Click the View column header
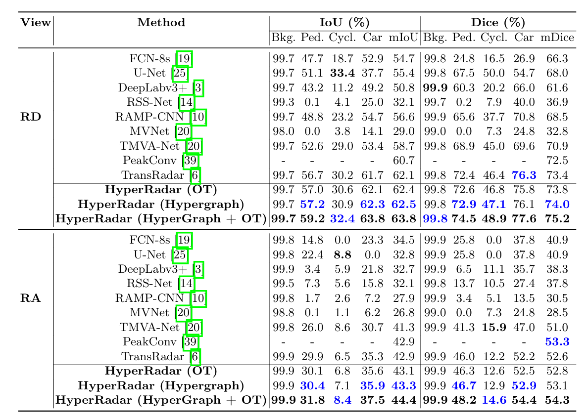[x=36, y=22]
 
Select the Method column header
[x=161, y=22]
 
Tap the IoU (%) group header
[x=344, y=23]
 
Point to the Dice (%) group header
[x=498, y=23]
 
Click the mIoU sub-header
[x=403, y=38]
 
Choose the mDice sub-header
[x=557, y=38]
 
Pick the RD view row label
[x=31, y=117]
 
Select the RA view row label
[x=31, y=298]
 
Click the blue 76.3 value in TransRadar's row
[x=524, y=175]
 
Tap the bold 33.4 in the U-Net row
[x=342, y=73]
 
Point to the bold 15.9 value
[x=494, y=328]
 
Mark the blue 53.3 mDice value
[x=557, y=341]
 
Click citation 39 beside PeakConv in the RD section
[x=190, y=161]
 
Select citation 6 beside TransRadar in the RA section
[x=195, y=357]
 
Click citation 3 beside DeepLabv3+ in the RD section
[x=198, y=88]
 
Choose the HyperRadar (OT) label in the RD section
[x=161, y=190]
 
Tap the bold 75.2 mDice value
[x=557, y=219]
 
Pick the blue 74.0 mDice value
[x=557, y=205]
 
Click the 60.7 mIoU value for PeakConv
[x=403, y=161]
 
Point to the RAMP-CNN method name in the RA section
[x=149, y=298]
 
